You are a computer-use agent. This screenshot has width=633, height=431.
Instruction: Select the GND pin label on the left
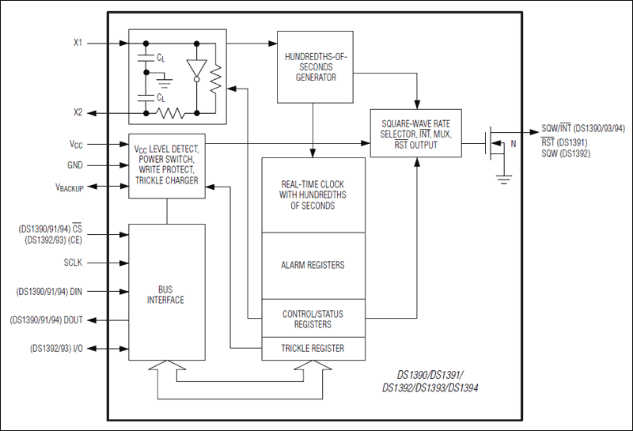click(75, 166)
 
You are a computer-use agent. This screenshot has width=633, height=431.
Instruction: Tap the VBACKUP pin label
click(69, 187)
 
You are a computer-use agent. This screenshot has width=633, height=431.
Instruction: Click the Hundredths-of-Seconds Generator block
click(315, 67)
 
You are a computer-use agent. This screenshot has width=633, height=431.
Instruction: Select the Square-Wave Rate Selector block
click(416, 134)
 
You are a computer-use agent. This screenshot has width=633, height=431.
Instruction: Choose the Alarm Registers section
click(313, 265)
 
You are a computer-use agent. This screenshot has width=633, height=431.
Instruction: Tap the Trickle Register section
click(313, 348)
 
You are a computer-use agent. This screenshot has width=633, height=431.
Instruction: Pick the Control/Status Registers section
click(313, 319)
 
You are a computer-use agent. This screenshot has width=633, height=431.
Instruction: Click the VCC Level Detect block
click(167, 165)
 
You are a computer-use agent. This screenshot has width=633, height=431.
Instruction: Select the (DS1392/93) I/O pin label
click(56, 348)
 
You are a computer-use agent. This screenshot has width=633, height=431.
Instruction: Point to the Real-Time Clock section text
click(313, 195)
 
